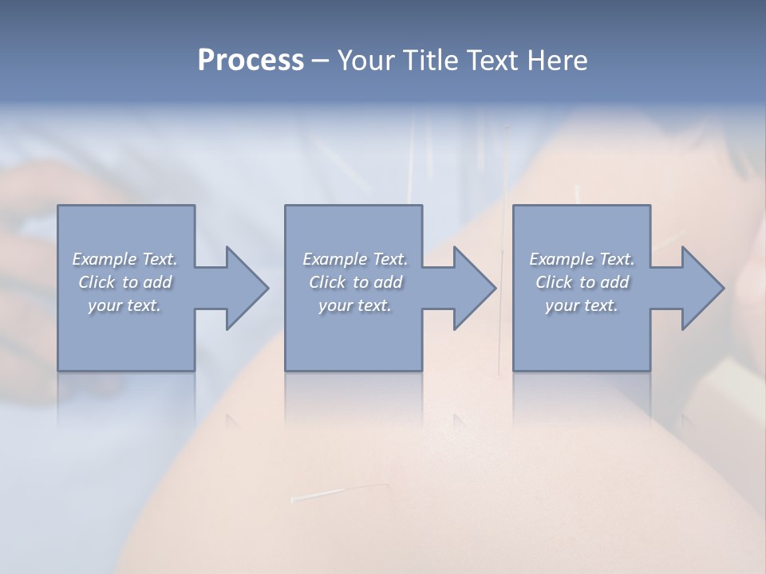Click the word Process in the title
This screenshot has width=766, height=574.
pyautogui.click(x=251, y=61)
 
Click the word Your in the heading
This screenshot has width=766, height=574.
pyautogui.click(x=365, y=61)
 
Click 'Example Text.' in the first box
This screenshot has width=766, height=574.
pyautogui.click(x=125, y=259)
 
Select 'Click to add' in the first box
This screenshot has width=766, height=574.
pyautogui.click(x=125, y=282)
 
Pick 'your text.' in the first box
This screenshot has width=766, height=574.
pyautogui.click(x=125, y=305)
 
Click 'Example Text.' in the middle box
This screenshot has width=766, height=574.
pyautogui.click(x=355, y=259)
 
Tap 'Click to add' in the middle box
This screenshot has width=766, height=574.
pyautogui.click(x=355, y=282)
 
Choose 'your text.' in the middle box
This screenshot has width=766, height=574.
pyautogui.click(x=355, y=305)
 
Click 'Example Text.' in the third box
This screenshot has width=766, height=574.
pyautogui.click(x=582, y=259)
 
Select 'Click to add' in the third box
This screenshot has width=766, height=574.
pyautogui.click(x=582, y=282)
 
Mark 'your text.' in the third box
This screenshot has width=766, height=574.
pyautogui.click(x=582, y=305)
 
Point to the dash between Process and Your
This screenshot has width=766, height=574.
pyautogui.click(x=320, y=61)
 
